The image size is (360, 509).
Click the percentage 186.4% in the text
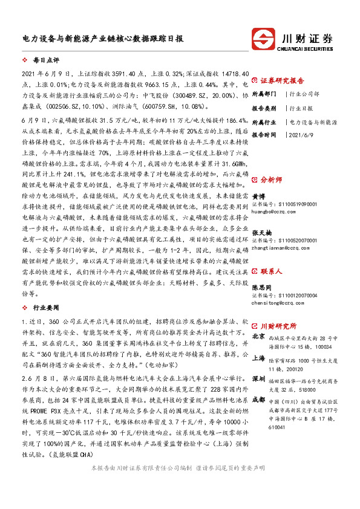tap(229, 121)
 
